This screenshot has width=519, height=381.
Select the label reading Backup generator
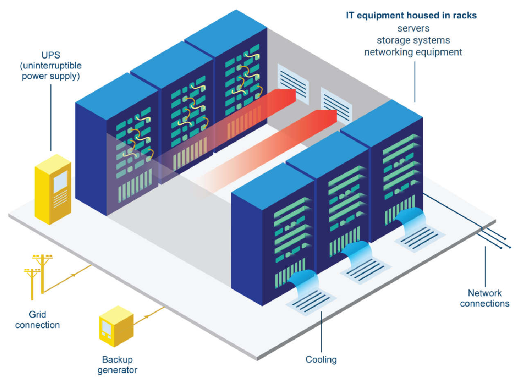(117, 365)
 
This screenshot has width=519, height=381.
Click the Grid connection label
(38, 320)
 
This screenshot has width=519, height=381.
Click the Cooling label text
(321, 360)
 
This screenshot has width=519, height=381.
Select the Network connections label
(485, 298)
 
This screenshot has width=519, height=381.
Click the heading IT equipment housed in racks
(411, 16)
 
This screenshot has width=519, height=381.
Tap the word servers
(413, 28)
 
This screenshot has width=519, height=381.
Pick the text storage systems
(413, 40)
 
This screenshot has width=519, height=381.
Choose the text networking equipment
(413, 52)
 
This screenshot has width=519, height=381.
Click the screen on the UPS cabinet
(61, 181)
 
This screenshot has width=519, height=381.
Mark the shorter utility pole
(31, 283)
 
